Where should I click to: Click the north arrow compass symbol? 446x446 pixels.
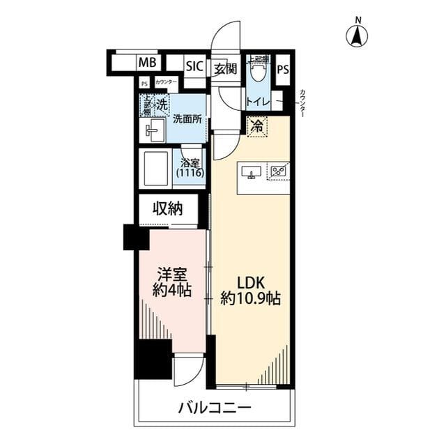point(358,35)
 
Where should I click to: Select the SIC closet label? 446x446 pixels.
point(194,66)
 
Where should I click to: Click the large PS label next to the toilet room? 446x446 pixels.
point(283,69)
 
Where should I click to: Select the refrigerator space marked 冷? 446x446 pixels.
point(257,126)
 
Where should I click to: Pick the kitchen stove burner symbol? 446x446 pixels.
point(279,171)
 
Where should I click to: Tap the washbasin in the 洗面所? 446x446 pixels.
point(154,129)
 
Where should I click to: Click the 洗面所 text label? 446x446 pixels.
point(187,118)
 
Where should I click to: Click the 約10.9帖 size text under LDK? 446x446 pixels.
point(251,299)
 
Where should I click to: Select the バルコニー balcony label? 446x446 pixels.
point(213,407)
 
